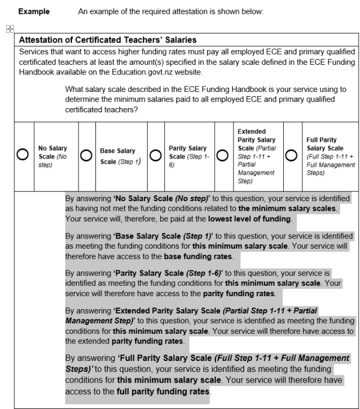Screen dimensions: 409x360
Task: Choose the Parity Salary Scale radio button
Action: tap(155, 155)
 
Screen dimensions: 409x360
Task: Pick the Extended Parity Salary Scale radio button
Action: tap(224, 155)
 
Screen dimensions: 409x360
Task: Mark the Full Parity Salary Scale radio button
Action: tap(293, 155)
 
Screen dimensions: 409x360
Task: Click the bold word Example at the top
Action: tap(34, 11)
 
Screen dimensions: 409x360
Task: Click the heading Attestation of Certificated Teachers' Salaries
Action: tap(108, 40)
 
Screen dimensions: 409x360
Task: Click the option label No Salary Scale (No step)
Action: tap(53, 155)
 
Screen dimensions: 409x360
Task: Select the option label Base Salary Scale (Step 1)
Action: tap(117, 156)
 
